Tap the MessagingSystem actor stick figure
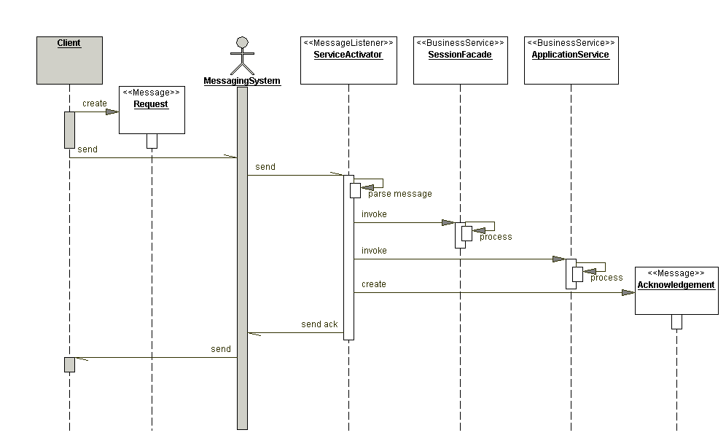point(242,55)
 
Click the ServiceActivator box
point(348,60)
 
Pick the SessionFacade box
point(459,60)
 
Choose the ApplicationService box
point(571,60)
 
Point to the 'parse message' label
point(399,194)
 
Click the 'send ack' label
point(319,324)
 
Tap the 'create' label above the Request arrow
point(94,103)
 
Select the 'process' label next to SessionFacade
point(496,237)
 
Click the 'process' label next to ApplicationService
point(606,278)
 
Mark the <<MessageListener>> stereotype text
point(348,43)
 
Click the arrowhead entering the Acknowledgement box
point(628,292)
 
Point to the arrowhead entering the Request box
point(112,112)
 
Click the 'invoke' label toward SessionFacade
point(374,214)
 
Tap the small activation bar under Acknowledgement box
point(676,321)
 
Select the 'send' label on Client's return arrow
point(221,349)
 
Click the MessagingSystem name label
point(242,81)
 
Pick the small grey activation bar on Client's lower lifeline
point(69,364)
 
